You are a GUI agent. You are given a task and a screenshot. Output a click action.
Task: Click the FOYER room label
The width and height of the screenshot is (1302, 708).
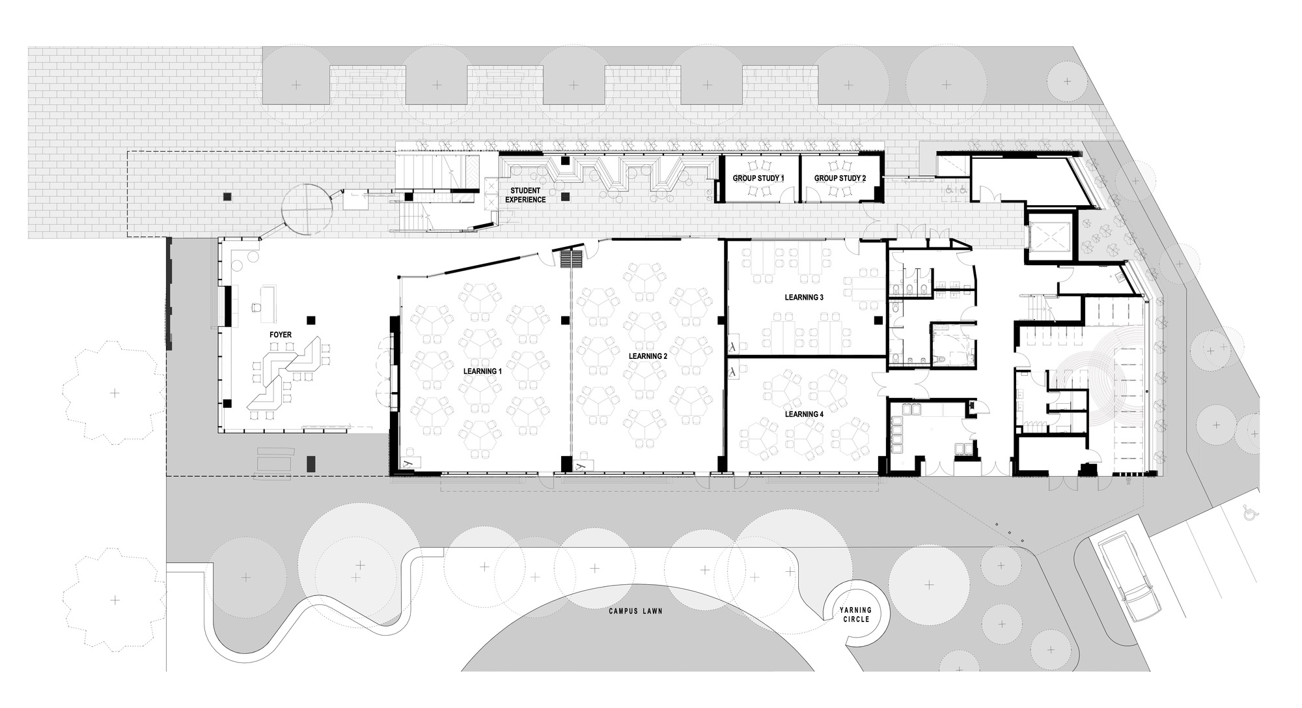point(281,335)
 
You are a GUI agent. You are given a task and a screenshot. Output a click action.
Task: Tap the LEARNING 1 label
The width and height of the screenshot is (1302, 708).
point(482,371)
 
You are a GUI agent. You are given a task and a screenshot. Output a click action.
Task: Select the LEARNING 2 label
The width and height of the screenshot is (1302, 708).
point(648,356)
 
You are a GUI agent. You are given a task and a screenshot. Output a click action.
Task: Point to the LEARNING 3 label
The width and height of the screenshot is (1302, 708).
point(804,297)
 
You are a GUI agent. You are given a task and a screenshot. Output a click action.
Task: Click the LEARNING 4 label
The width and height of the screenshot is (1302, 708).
point(804,414)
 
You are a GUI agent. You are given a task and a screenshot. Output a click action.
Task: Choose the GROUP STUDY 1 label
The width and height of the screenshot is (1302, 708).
point(758,178)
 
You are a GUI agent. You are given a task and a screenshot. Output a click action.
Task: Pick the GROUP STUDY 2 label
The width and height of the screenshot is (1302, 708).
point(840,178)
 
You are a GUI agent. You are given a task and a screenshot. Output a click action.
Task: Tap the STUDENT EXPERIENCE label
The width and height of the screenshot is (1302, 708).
point(526,195)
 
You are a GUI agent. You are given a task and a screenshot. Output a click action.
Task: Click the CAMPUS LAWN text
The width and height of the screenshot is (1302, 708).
point(635,612)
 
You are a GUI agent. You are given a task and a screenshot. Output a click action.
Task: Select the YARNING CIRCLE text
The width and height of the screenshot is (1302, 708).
point(855,614)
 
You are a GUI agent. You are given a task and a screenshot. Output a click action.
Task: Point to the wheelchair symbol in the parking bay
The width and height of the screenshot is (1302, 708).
point(1248,513)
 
